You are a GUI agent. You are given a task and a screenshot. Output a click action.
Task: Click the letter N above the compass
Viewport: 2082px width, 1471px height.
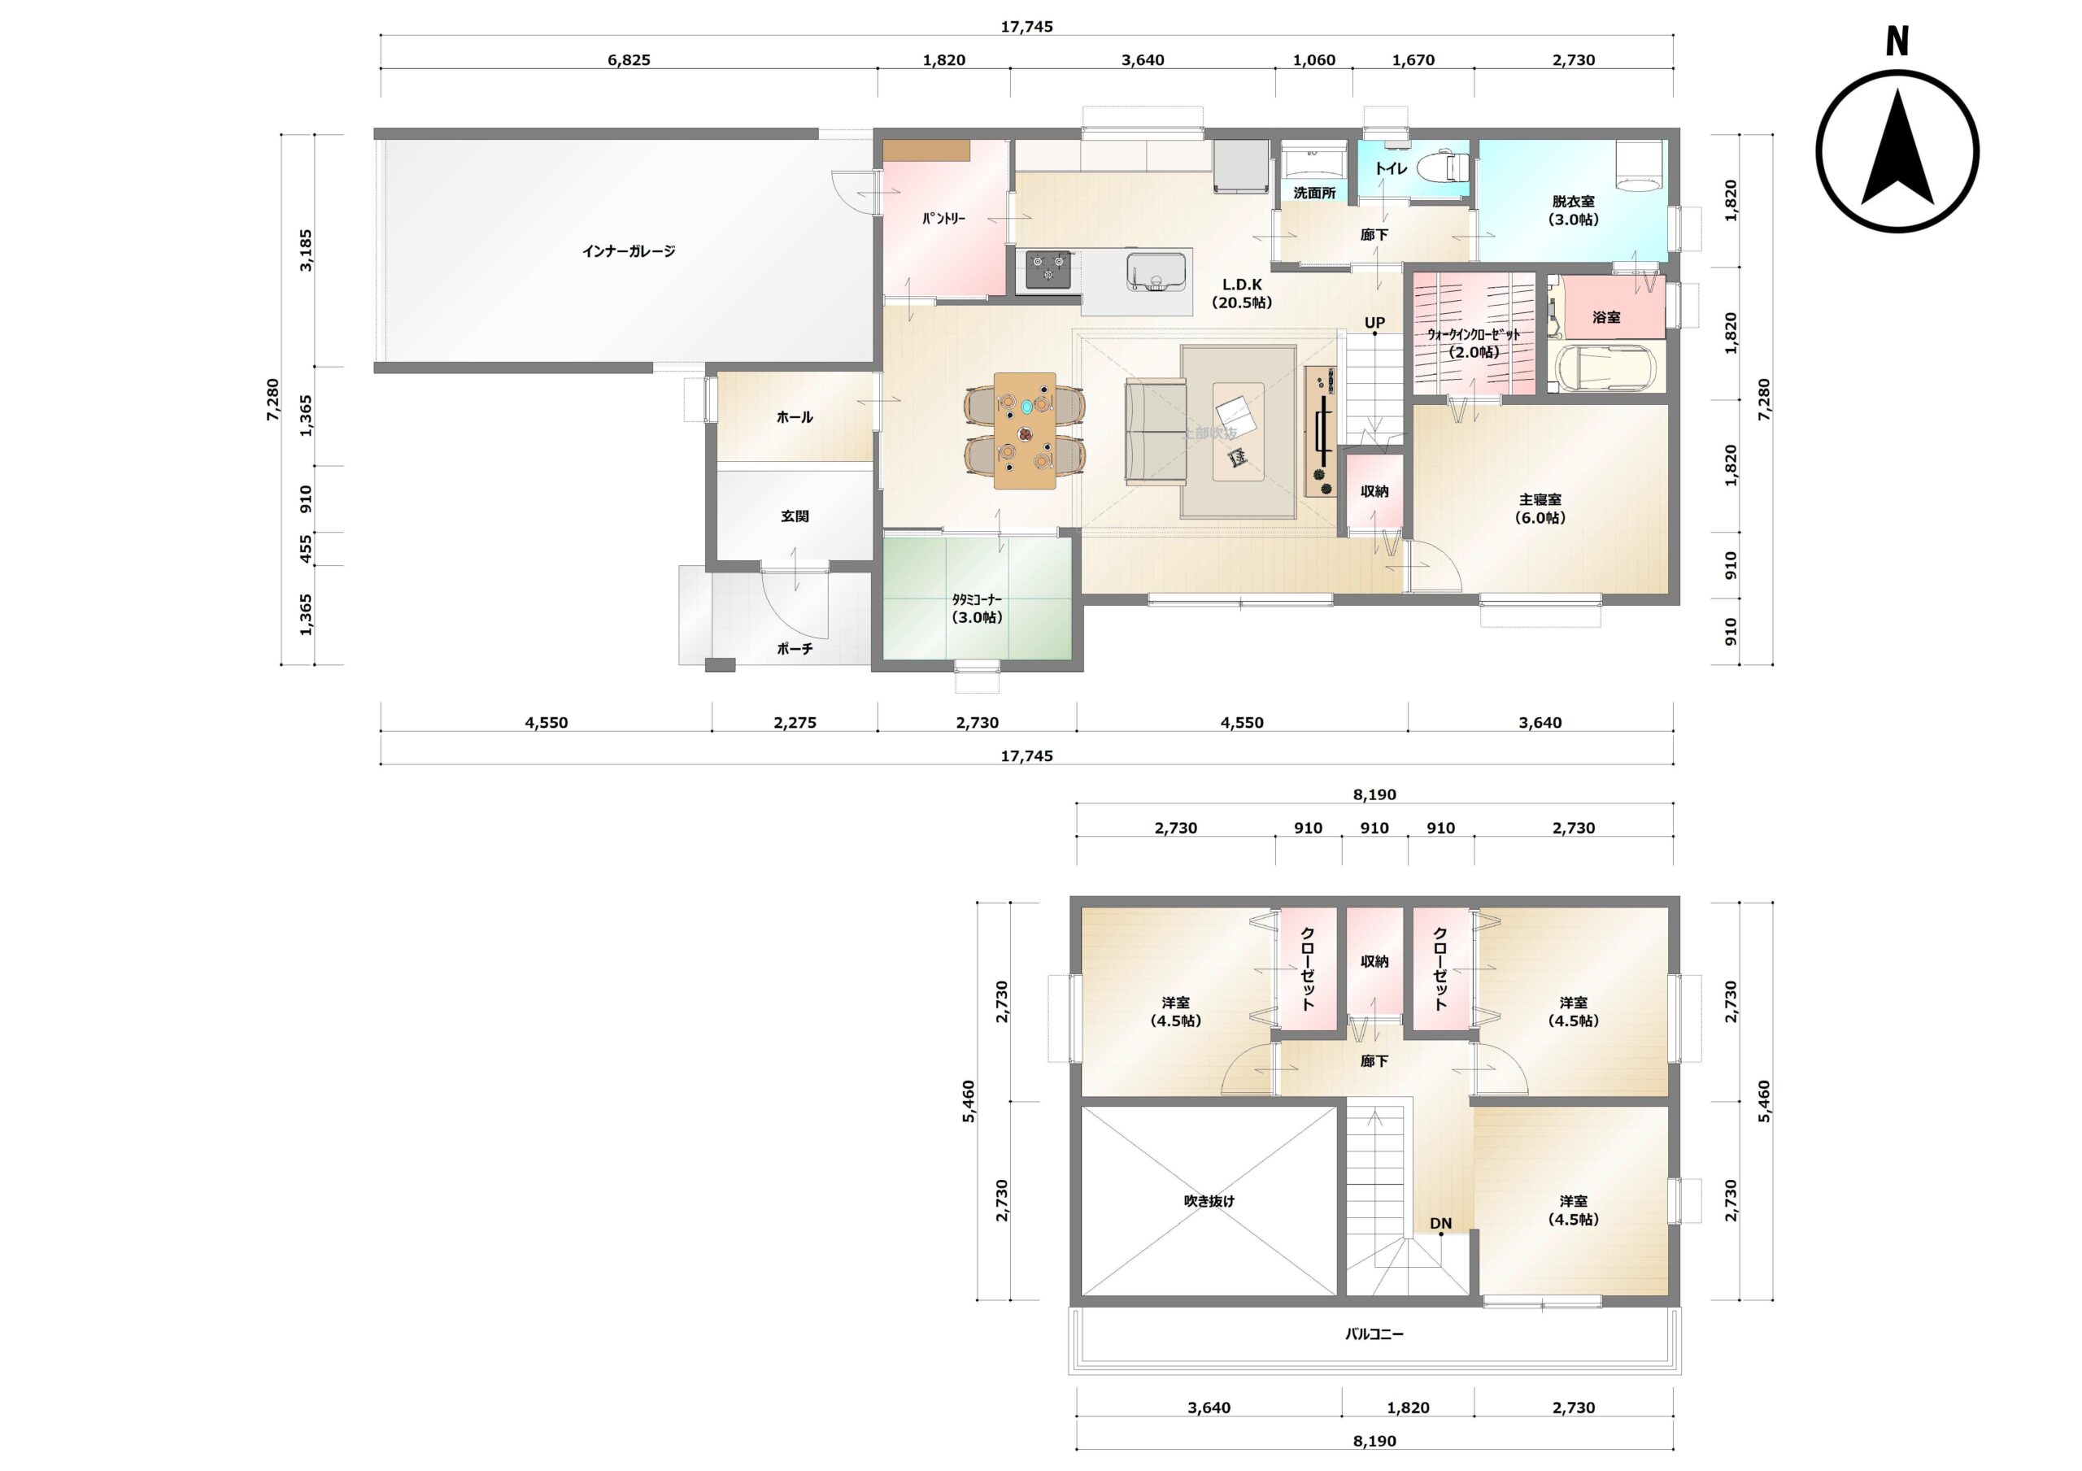tap(1897, 41)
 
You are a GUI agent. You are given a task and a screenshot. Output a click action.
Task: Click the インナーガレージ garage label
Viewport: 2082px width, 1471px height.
tap(629, 251)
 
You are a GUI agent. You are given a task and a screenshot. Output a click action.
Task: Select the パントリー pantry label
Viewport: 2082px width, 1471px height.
tap(944, 219)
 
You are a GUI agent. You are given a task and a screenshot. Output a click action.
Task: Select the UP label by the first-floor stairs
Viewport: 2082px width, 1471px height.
tap(1374, 323)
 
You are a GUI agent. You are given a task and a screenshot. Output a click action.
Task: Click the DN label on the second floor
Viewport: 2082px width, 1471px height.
tap(1441, 1224)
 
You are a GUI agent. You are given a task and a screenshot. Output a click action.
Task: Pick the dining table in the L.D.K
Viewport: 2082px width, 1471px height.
tap(1025, 431)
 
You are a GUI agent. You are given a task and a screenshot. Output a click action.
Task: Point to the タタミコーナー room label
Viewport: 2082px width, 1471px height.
tap(977, 599)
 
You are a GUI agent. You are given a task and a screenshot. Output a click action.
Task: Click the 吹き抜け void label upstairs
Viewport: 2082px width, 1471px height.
tap(1209, 1201)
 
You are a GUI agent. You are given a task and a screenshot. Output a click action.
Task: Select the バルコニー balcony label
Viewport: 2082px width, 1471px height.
tap(1374, 1334)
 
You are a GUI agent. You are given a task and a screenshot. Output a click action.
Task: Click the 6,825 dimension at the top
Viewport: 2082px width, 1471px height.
tap(629, 60)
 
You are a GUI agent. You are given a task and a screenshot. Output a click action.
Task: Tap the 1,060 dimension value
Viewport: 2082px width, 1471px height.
tap(1314, 60)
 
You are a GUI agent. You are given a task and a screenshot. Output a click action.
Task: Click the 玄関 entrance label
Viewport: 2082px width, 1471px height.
tap(795, 516)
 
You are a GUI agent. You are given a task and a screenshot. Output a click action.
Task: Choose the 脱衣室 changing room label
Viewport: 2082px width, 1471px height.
tap(1573, 202)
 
